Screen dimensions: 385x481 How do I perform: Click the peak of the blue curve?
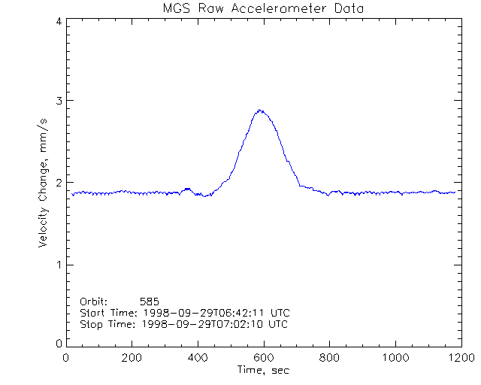[x=260, y=110]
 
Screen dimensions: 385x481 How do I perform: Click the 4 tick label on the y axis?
[x=58, y=21]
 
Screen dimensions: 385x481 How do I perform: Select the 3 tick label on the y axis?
[x=58, y=101]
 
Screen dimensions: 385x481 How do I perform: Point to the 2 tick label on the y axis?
[x=58, y=183]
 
